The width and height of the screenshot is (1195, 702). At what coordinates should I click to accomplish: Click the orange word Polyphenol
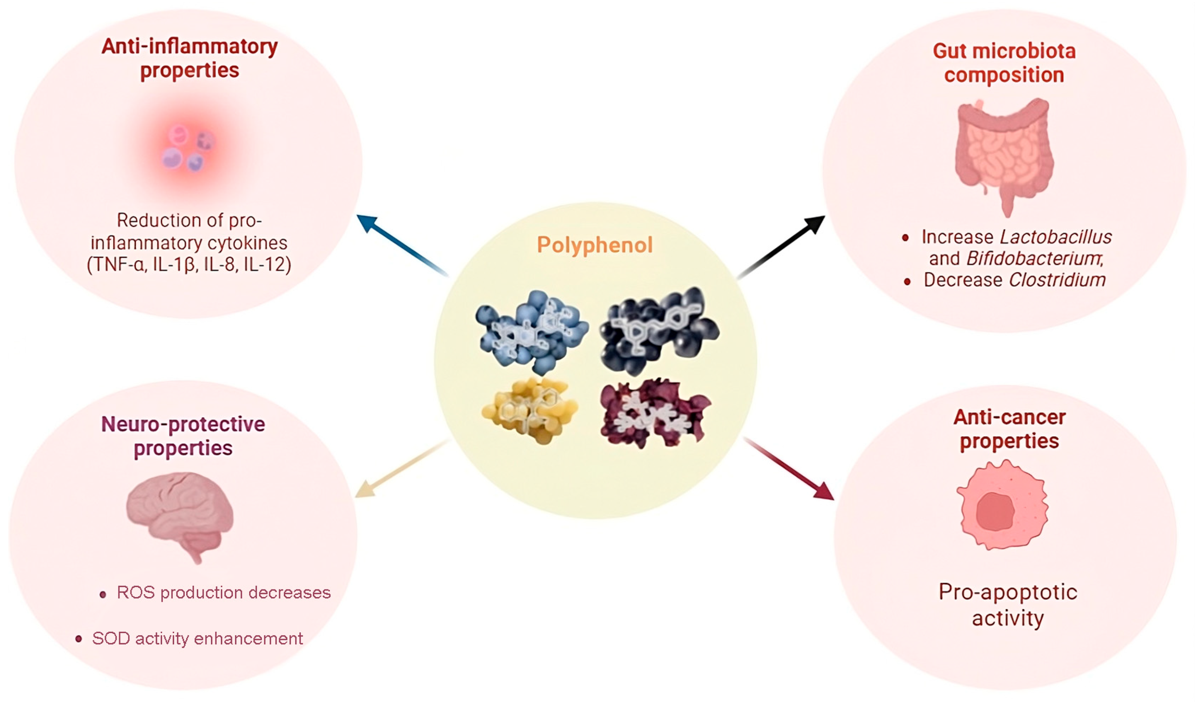tap(595, 245)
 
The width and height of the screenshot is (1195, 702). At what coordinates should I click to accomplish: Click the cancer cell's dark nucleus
tap(995, 512)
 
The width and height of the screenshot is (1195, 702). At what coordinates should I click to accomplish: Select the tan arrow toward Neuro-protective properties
tap(401, 469)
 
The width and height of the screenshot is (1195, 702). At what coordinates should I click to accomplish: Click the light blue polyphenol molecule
tap(531, 332)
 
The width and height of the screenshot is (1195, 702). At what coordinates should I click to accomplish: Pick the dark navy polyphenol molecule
tap(659, 329)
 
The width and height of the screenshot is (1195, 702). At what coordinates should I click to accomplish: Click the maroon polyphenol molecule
tap(654, 413)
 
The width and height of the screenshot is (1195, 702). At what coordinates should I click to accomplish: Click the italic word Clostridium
tap(1057, 280)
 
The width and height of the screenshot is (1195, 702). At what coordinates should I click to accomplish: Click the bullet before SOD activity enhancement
tap(79, 639)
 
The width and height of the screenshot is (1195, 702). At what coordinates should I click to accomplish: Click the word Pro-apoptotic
tap(1008, 592)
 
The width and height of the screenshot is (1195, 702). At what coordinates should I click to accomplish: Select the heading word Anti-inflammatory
tap(190, 47)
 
